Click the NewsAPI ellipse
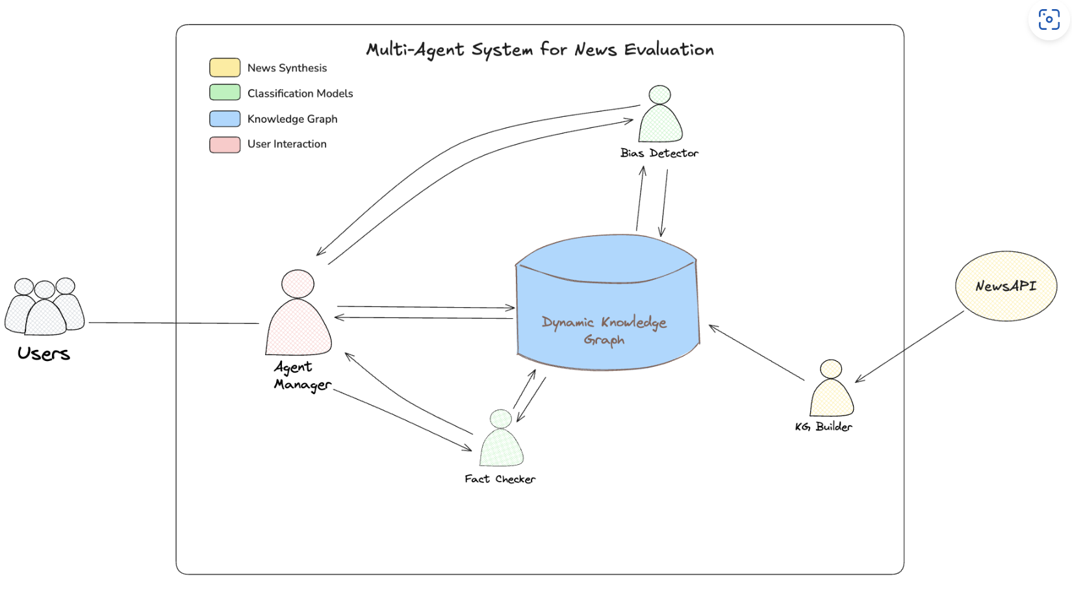point(1006,286)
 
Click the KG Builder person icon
point(831,393)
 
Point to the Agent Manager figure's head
point(298,284)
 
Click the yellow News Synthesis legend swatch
point(225,68)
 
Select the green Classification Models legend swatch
point(225,93)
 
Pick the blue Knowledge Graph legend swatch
point(225,119)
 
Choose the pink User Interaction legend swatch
point(225,144)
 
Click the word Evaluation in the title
point(669,49)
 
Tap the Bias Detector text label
point(659,153)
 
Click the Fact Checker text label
point(500,479)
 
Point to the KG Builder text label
point(823,427)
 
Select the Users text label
point(44,354)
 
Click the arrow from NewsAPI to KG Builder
point(910,347)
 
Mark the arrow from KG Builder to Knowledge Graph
point(756,353)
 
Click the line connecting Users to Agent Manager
point(174,323)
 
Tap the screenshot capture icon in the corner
point(1049,19)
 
